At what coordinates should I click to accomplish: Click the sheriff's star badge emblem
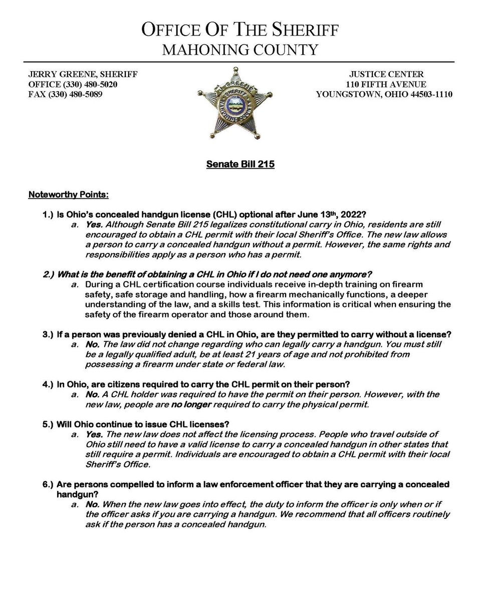point(234,102)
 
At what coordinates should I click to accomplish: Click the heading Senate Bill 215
point(240,164)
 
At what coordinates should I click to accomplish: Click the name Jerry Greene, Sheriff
point(83,74)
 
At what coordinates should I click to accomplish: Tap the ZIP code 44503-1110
point(429,94)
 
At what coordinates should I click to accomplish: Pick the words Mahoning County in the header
point(240,50)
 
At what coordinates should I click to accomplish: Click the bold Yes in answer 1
point(95,225)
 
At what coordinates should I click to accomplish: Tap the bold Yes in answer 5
point(95,435)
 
